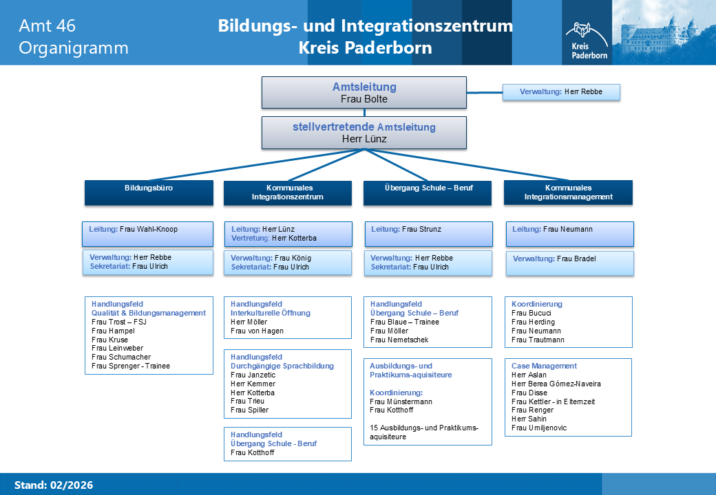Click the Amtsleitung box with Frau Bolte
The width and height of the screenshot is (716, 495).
[x=364, y=93]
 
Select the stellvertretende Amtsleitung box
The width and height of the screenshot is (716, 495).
[x=364, y=133]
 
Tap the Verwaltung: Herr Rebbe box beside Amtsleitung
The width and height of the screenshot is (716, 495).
[x=561, y=92]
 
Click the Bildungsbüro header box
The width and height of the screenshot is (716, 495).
[x=149, y=192]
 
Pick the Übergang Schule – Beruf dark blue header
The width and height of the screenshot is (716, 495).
[x=428, y=192]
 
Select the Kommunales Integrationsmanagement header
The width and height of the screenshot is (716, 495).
[x=568, y=192]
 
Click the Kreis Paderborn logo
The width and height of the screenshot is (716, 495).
[x=587, y=41]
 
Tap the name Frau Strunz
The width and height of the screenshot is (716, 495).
[x=421, y=229]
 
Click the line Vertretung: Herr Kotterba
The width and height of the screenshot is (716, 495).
[x=273, y=239]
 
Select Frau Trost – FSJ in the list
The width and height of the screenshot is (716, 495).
[x=118, y=322]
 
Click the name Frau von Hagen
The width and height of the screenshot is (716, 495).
[x=257, y=331]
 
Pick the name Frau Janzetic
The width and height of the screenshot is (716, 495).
[x=253, y=375]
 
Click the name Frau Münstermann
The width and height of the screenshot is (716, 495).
[x=401, y=401]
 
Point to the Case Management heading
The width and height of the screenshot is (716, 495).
[x=544, y=366]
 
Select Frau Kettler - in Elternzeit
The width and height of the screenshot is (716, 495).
[x=553, y=401]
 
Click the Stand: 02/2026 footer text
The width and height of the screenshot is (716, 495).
[x=54, y=485]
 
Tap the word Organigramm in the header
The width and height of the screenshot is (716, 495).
[x=74, y=48]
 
